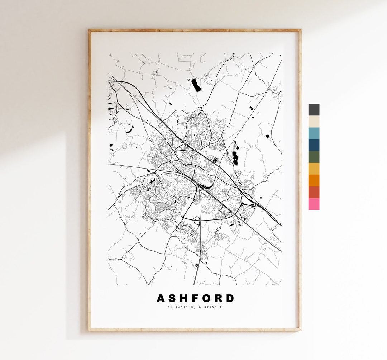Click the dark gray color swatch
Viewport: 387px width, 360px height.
[314, 110]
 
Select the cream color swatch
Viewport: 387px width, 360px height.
[314, 122]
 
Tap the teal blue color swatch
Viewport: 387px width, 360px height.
[314, 133]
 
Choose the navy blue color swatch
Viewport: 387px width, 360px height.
[314, 145]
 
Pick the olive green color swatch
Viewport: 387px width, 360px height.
[314, 157]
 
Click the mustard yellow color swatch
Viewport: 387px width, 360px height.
[314, 169]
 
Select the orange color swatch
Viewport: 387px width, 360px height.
[314, 180]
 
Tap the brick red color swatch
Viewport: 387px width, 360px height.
[314, 192]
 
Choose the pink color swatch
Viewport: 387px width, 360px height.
[314, 204]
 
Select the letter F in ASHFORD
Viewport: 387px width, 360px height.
[195, 298]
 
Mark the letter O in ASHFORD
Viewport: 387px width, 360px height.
[206, 298]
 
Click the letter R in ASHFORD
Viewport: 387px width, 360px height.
[218, 298]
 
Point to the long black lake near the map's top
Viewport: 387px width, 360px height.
[196, 85]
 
